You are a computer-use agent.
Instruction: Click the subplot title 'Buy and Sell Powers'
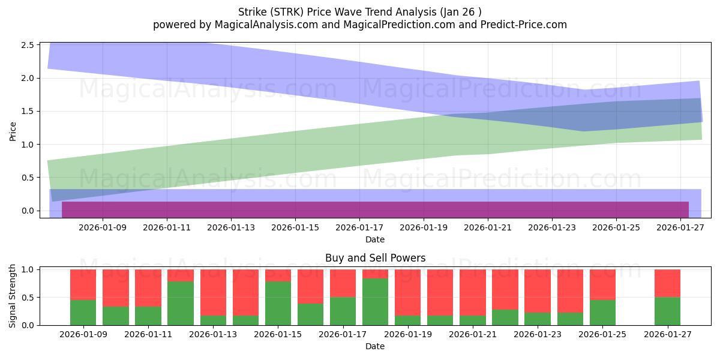[375, 258]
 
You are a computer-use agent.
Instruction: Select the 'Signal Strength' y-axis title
[13, 295]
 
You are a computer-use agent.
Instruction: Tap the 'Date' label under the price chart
[375, 239]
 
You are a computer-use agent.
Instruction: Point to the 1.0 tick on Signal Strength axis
[29, 269]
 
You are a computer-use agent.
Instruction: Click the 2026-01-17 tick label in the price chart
[359, 228]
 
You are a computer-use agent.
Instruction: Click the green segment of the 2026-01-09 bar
[83, 312]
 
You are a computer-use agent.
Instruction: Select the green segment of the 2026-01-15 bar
[278, 303]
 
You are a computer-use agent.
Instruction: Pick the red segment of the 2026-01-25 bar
[602, 284]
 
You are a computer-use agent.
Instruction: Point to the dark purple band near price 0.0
[375, 209]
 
